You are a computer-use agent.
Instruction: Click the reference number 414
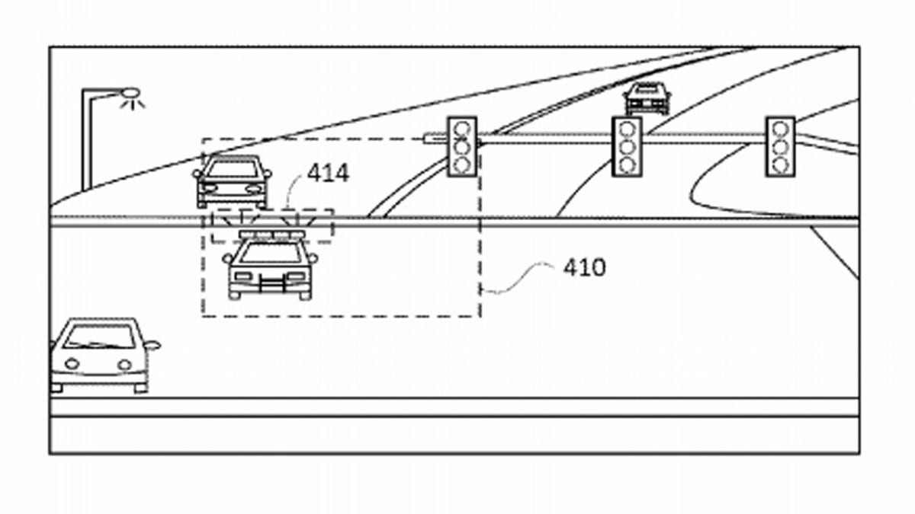(328, 174)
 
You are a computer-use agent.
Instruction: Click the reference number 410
(584, 267)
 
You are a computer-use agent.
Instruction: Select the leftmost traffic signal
(461, 146)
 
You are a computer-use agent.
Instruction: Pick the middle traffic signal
(627, 146)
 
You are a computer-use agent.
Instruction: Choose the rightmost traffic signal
(780, 146)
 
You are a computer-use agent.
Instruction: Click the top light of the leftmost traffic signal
(461, 128)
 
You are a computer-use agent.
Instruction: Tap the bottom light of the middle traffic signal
(627, 164)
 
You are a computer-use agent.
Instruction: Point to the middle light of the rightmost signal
(780, 146)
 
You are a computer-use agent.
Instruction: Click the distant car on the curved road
(647, 98)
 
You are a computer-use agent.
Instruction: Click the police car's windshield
(271, 251)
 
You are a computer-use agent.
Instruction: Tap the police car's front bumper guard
(271, 285)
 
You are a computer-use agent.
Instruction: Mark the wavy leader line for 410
(518, 277)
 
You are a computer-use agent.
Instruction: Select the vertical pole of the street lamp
(88, 145)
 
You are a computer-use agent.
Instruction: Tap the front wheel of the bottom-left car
(140, 388)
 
